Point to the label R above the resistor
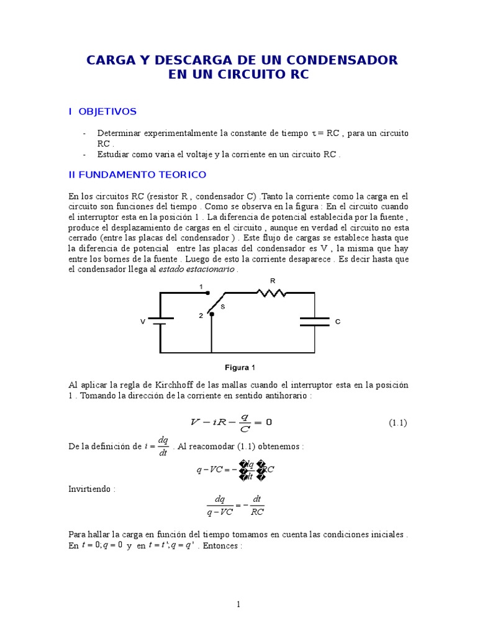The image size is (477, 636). coord(271,281)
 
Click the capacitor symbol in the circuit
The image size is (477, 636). coord(314,321)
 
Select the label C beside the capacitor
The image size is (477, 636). coord(337,322)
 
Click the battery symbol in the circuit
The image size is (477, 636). coord(161,321)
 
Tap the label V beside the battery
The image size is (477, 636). coord(142,322)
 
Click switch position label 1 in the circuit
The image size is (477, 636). coord(201,286)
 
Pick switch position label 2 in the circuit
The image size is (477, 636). coord(201,316)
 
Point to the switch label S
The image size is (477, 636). coord(223,307)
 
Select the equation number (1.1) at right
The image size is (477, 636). coord(397,423)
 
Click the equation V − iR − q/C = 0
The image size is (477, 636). coord(231,423)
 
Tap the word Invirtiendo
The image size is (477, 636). coord(92,489)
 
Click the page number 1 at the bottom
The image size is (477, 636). coord(238,604)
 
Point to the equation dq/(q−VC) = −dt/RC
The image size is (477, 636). coord(235,506)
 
